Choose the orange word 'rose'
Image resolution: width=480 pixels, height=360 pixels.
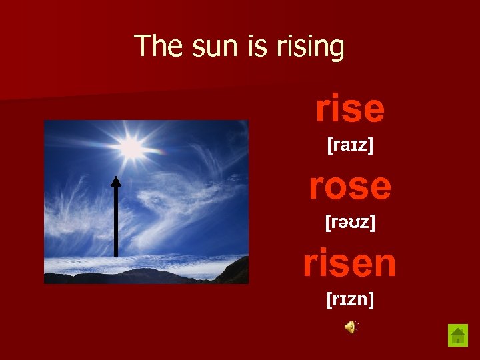350,186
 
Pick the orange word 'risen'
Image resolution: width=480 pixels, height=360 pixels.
350,263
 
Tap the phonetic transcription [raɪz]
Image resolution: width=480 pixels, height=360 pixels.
350,144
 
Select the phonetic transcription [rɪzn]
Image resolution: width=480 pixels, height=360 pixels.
350,301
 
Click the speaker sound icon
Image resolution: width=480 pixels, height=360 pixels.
351,326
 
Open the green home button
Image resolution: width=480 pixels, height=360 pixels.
458,335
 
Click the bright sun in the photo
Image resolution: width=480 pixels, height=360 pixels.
131,149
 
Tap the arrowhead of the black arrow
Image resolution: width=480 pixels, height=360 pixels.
116,181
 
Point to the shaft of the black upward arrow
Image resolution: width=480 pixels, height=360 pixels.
116,220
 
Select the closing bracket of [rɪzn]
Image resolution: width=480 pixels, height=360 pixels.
371,301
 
